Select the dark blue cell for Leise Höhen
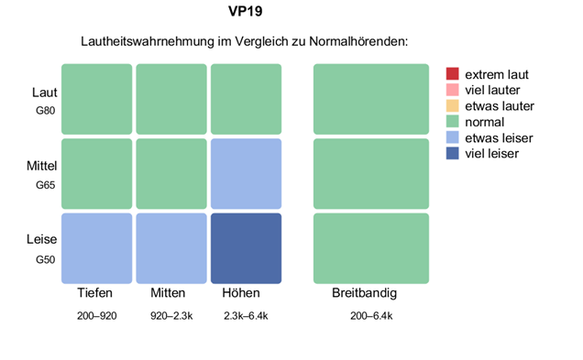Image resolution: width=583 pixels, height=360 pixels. (246, 248)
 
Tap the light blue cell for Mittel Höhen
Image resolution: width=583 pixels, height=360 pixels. (246, 174)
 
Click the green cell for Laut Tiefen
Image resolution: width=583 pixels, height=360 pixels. (96, 99)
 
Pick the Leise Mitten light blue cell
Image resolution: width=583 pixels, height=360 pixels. (171, 248)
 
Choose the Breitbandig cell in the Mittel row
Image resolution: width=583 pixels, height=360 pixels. (371, 174)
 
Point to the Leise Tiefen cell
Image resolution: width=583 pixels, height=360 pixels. (96, 248)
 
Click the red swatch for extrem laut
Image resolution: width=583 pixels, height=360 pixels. (452, 74)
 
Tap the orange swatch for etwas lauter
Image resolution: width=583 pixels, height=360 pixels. (452, 106)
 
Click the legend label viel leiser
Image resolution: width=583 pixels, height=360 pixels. (492, 153)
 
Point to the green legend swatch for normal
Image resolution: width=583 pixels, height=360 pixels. (452, 122)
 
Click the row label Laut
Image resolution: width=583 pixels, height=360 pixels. (44, 93)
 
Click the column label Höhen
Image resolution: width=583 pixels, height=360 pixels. (241, 294)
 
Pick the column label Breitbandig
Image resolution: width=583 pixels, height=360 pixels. (364, 294)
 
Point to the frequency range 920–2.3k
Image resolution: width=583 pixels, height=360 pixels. (170, 316)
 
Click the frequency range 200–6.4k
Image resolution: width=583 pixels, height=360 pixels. (371, 316)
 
